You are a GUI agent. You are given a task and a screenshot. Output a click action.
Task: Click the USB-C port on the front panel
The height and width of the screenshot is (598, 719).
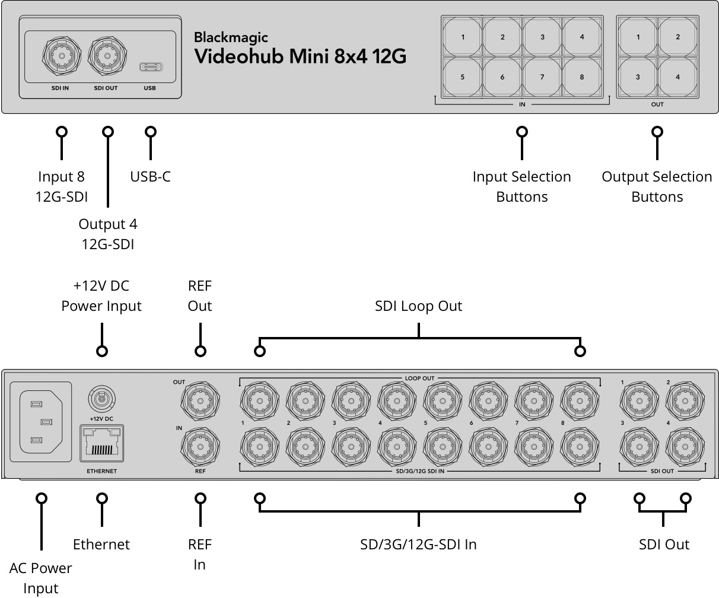click(x=149, y=66)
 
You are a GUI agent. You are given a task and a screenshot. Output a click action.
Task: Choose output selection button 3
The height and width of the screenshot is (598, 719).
click(x=638, y=77)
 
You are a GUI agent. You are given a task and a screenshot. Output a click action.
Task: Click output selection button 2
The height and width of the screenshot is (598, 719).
click(x=677, y=37)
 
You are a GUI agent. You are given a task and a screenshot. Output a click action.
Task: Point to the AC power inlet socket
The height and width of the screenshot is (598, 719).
click(x=40, y=421)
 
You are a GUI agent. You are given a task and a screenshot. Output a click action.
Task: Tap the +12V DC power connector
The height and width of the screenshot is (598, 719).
click(x=101, y=398)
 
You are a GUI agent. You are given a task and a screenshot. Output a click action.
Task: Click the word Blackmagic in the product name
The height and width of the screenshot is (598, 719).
click(x=231, y=38)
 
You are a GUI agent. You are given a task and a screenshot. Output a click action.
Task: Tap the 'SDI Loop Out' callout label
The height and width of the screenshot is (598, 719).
click(x=418, y=306)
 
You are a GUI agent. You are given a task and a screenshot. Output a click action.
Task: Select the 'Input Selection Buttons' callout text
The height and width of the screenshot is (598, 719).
click(x=521, y=186)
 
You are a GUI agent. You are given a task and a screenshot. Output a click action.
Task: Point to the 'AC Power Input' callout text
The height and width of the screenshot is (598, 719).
click(x=40, y=578)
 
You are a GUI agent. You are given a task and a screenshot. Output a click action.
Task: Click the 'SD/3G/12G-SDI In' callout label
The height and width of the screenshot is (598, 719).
click(x=418, y=544)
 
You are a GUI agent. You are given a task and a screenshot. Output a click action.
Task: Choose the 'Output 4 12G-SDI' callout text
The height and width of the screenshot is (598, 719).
click(x=107, y=234)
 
